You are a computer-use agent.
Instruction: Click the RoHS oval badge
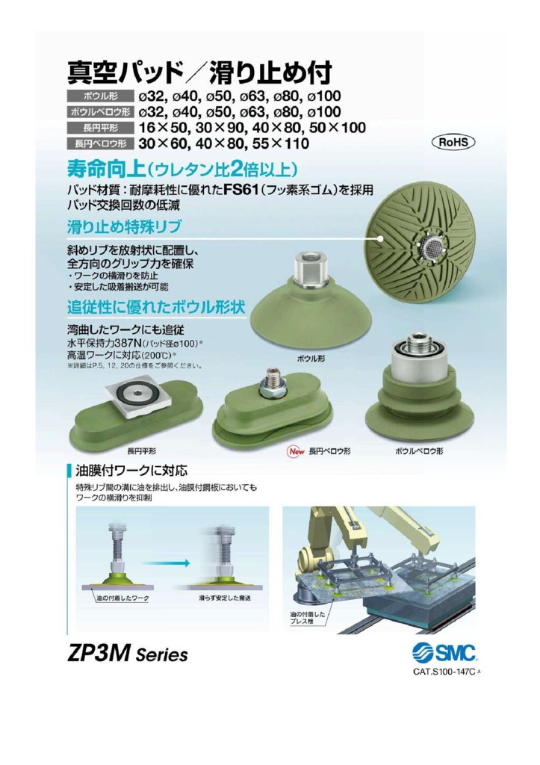pos(453,142)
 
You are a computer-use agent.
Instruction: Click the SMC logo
pos(444,652)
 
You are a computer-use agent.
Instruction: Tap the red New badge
pos(296,451)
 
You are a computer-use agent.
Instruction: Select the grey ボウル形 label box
pos(101,96)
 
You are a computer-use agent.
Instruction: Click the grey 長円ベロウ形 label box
pos(101,143)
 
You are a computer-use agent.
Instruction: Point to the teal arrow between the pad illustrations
pos(166,563)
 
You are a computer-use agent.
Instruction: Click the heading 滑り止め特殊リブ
pos(124,226)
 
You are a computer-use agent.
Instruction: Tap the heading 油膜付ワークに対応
pos(131,471)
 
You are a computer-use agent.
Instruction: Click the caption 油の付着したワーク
pos(122,598)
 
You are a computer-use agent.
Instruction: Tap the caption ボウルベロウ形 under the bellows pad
pos(419,451)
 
